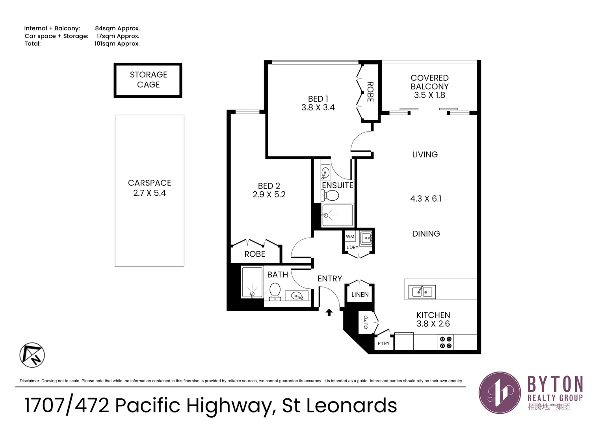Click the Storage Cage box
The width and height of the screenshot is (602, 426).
(148, 80)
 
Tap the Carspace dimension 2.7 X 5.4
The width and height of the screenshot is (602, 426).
(149, 193)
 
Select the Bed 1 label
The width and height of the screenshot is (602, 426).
(318, 99)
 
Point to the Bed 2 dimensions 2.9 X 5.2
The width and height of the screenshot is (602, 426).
(269, 194)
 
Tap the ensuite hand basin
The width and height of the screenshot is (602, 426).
(325, 172)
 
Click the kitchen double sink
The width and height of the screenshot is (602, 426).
(422, 291)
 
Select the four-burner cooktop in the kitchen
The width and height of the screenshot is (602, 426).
(446, 342)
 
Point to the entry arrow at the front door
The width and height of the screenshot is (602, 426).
(329, 312)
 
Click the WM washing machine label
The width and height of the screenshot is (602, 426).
(350, 237)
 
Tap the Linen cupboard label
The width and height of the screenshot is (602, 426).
(360, 295)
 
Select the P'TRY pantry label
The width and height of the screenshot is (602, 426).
(383, 344)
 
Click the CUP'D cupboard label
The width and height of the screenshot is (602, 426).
(366, 322)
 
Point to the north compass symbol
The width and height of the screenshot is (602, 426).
(32, 355)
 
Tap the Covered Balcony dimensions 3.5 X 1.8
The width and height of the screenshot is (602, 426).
(429, 95)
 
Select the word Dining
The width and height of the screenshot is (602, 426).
(426, 234)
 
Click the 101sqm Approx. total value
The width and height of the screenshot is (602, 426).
(117, 44)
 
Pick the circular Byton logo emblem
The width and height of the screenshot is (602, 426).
(500, 392)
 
